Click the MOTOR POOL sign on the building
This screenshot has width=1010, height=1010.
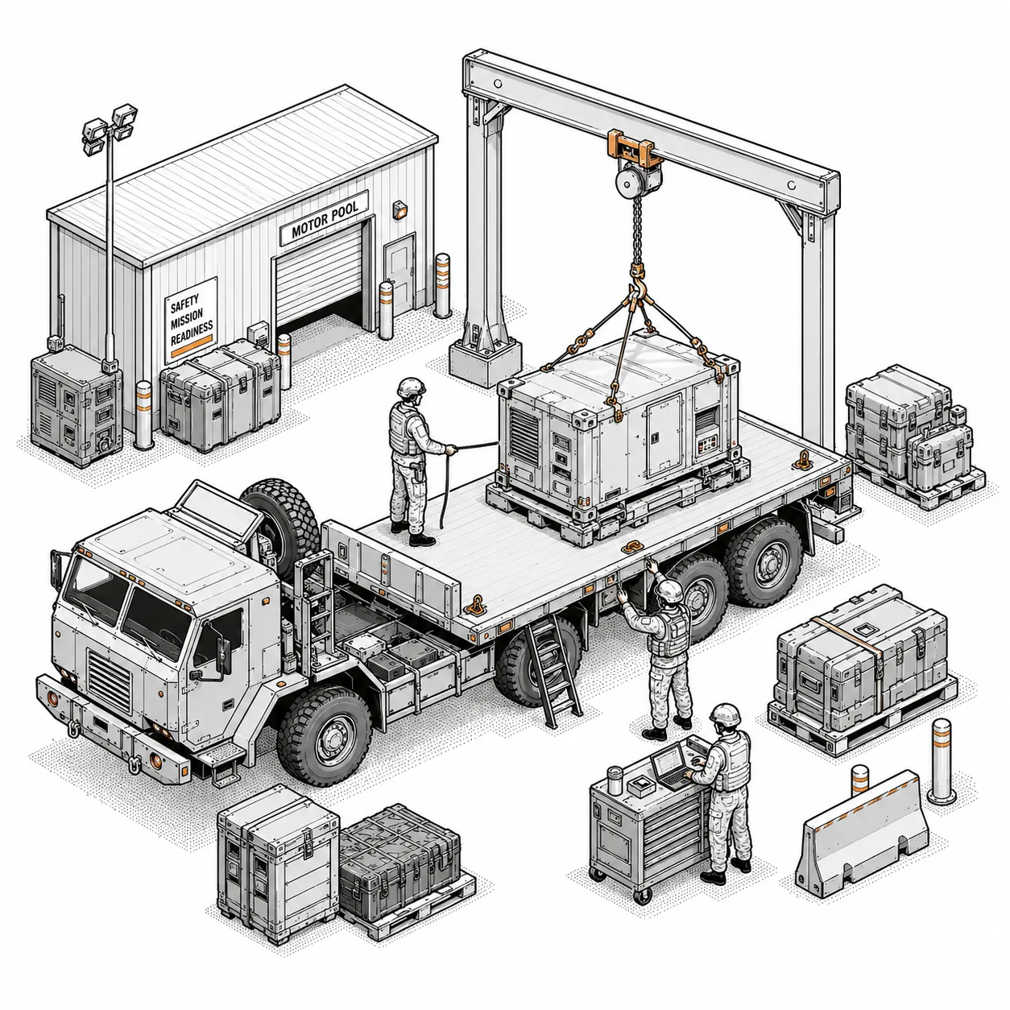coord(324,217)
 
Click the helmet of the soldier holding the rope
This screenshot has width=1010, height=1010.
coord(411,388)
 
